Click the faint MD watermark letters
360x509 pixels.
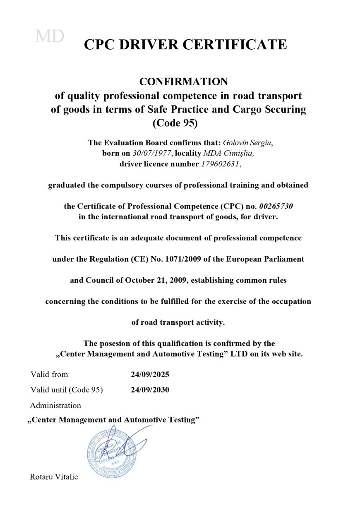[50, 37]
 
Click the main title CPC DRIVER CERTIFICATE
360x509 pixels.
[185, 44]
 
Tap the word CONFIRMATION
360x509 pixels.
[183, 81]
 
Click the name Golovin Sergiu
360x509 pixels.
[247, 143]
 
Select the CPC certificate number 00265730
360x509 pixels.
[278, 206]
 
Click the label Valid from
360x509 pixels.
[49, 375]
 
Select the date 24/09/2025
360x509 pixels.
[150, 375]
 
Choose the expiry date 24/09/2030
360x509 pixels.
[150, 390]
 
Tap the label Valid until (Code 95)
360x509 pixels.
[67, 390]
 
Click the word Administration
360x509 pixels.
[55, 405]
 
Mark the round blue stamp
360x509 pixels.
[108, 452]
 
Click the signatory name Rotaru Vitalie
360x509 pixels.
[54, 477]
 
